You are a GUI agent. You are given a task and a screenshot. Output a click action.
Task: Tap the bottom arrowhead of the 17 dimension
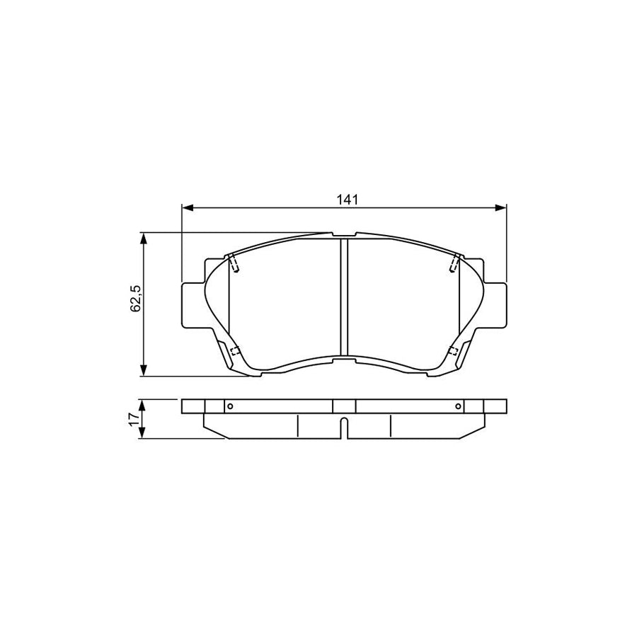(x=144, y=434)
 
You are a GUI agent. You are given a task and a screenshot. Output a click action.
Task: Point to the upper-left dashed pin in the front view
(x=235, y=263)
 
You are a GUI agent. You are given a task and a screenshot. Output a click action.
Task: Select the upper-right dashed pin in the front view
(x=454, y=263)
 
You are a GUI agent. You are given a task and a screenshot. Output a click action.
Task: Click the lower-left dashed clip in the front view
(x=234, y=352)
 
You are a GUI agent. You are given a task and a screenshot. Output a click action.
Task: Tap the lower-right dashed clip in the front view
(x=454, y=352)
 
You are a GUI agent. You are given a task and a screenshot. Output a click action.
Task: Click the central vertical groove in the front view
(x=344, y=297)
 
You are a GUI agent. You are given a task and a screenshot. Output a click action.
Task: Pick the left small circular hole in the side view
(x=229, y=406)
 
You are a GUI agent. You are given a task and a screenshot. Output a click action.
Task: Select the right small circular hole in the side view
(x=459, y=406)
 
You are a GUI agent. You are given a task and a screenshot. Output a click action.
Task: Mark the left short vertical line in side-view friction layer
(x=297, y=425)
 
